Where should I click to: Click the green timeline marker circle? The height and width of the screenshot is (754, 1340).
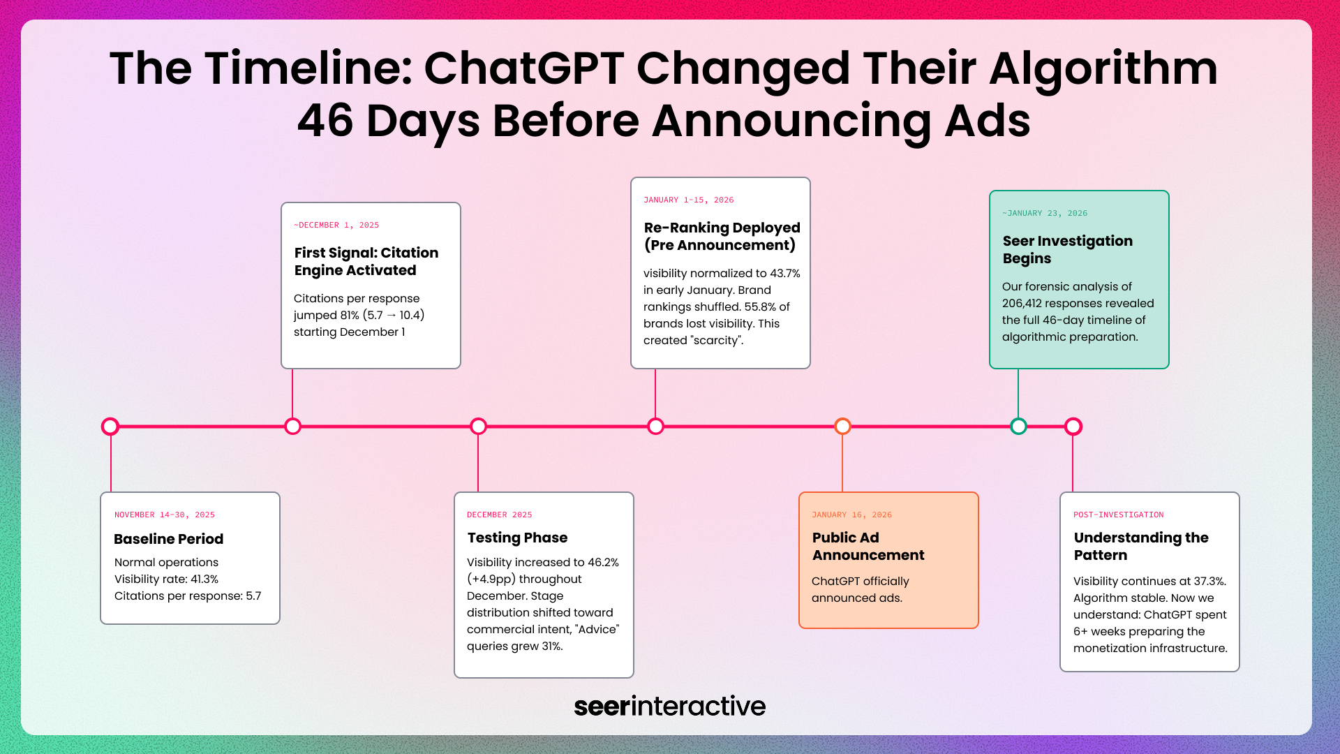click(x=1018, y=426)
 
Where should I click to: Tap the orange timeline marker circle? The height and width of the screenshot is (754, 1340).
click(x=842, y=426)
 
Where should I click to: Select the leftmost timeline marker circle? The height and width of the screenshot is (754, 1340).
click(x=110, y=426)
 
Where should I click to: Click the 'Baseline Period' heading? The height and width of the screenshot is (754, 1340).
click(x=168, y=539)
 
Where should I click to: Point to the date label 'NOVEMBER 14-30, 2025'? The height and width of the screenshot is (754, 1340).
click(x=164, y=515)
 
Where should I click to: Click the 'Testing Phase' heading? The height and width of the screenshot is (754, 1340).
click(x=517, y=538)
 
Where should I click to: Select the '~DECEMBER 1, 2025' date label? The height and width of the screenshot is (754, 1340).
click(x=336, y=225)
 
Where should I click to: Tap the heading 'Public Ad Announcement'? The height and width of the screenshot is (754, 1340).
click(x=868, y=546)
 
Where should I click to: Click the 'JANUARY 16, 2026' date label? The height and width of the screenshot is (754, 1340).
click(x=851, y=515)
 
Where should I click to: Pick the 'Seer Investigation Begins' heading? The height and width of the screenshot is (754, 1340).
click(x=1067, y=249)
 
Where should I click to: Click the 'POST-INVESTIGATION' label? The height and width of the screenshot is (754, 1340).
click(x=1118, y=515)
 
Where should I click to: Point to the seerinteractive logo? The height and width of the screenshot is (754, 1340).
click(x=669, y=706)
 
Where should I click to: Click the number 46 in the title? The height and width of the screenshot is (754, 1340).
click(x=325, y=121)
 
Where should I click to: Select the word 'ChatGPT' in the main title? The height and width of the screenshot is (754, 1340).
click(x=523, y=68)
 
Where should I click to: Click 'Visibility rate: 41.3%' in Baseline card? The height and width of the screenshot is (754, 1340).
click(x=166, y=579)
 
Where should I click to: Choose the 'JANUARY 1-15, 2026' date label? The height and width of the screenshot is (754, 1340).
click(x=688, y=200)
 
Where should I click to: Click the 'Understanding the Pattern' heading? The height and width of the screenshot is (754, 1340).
click(x=1140, y=546)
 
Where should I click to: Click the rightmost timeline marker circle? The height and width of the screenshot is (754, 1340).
click(x=1073, y=426)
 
